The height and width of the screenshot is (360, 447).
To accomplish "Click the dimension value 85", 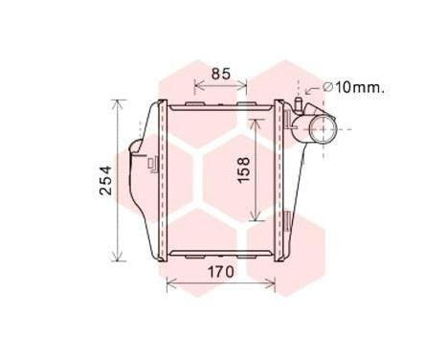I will pyautogui.click(x=221, y=72).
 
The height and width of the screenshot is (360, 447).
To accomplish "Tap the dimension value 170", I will pyautogui.click(x=221, y=273).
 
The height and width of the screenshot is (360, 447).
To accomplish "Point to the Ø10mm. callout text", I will pyautogui.click(x=354, y=87).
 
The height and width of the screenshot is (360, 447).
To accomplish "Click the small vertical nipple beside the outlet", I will pyautogui.click(x=299, y=102).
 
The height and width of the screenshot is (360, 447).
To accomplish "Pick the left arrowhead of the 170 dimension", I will pyautogui.click(x=169, y=283).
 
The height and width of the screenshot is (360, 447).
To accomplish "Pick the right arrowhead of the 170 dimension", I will pyautogui.click(x=275, y=283).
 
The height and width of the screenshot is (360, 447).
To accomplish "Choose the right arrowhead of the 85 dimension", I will pyautogui.click(x=247, y=82).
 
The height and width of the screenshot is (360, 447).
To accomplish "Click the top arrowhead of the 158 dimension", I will pyautogui.click(x=257, y=123).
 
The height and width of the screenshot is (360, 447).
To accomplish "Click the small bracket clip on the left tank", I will pyautogui.click(x=152, y=163).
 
